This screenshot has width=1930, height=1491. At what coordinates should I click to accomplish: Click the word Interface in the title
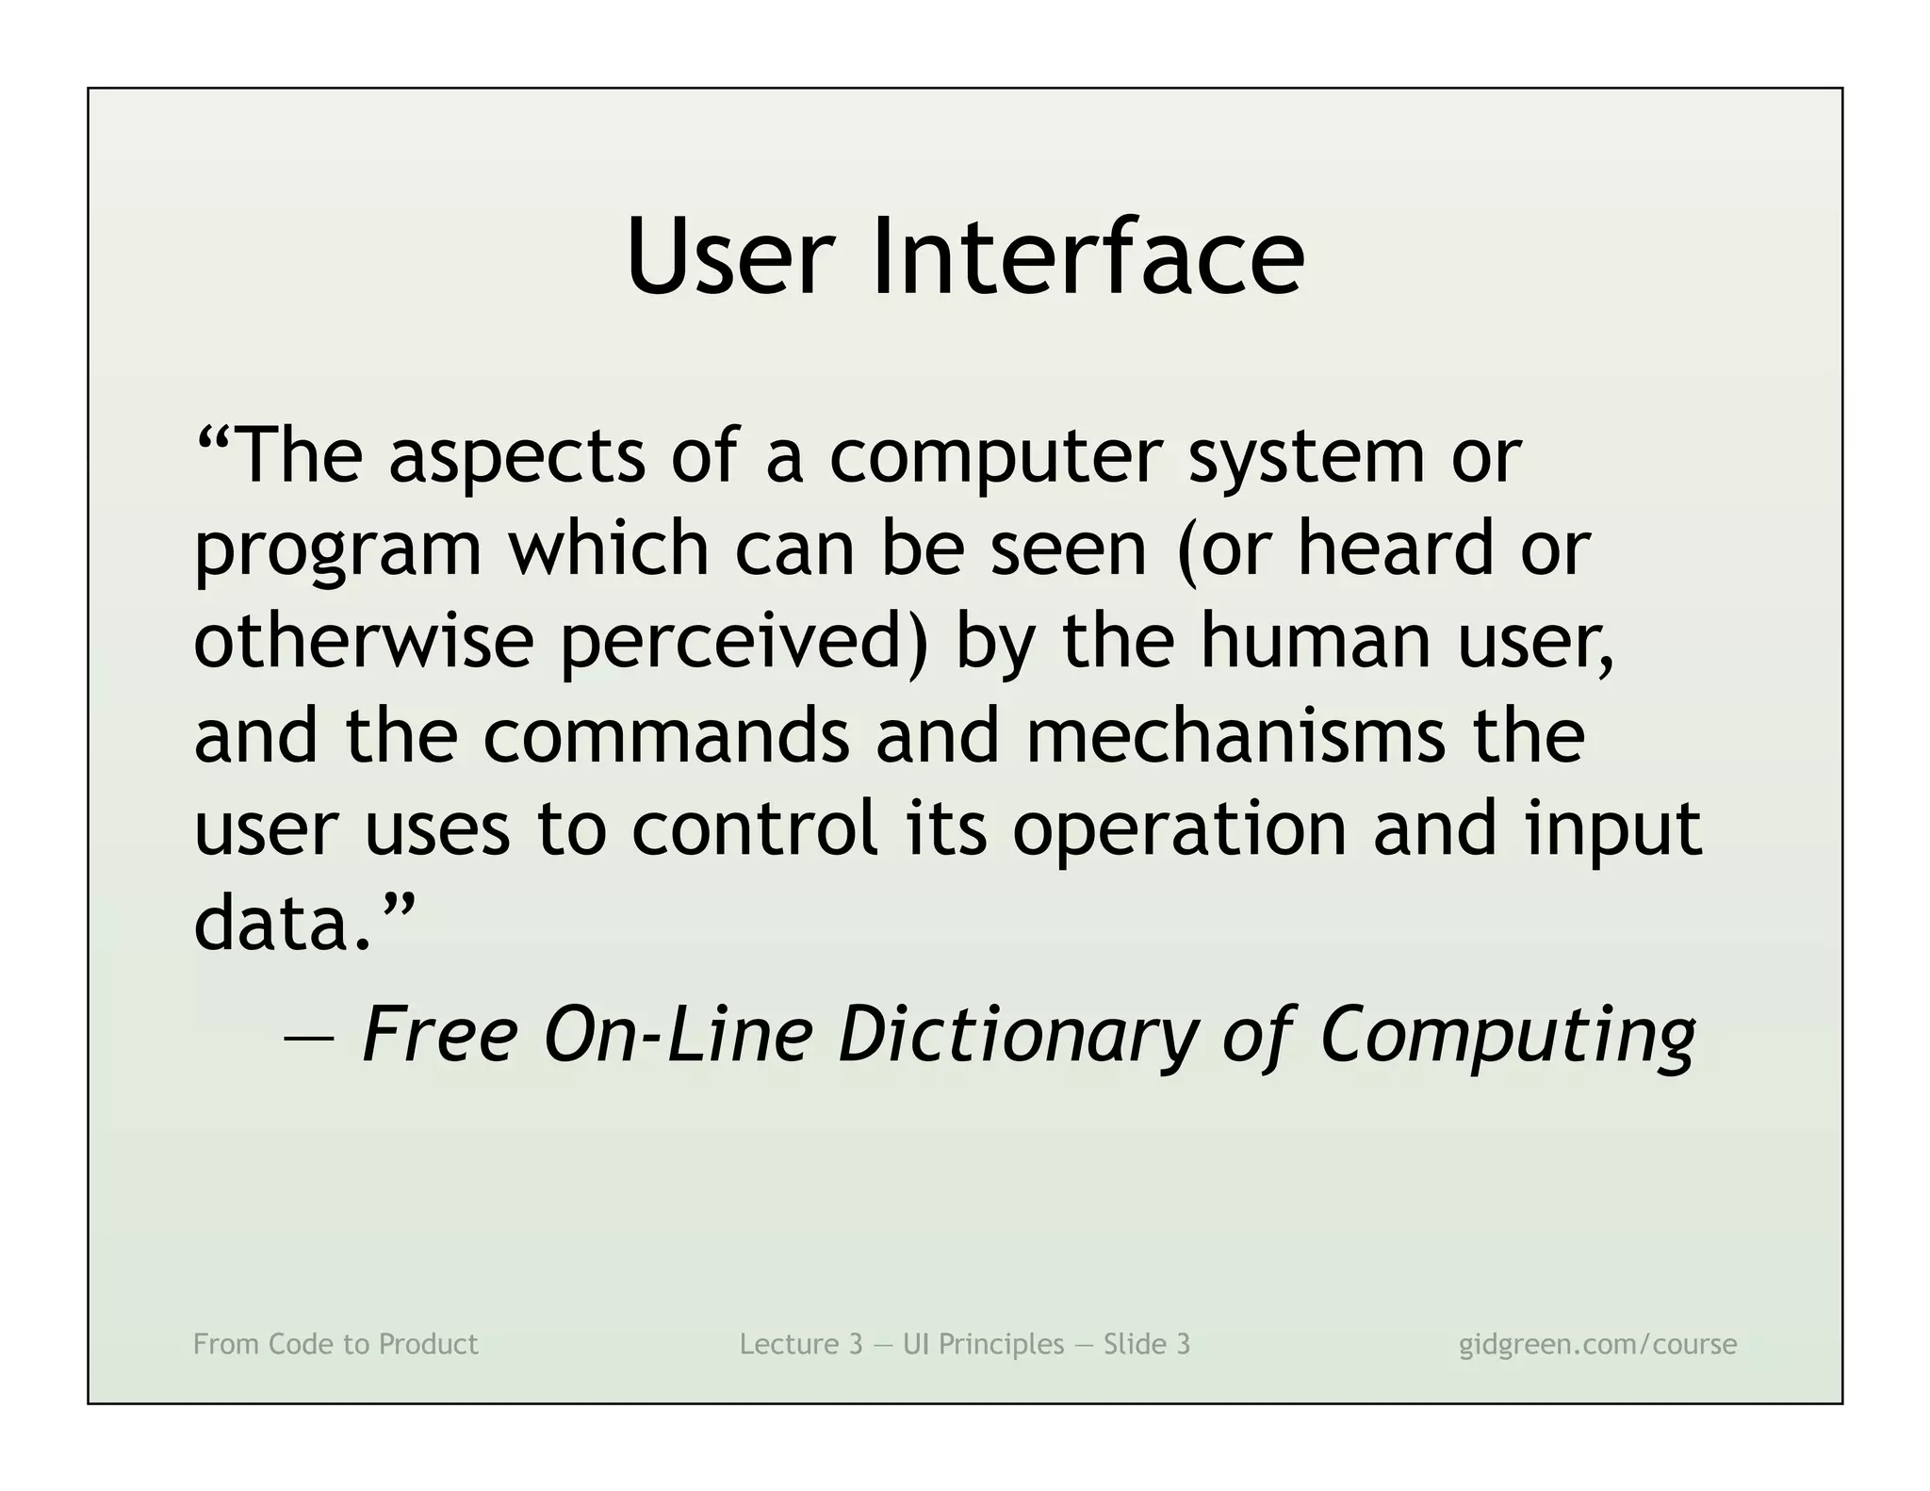pos(1088,256)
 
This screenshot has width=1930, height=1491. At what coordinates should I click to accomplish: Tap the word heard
pos(1396,549)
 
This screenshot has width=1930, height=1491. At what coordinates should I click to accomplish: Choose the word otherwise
pos(364,641)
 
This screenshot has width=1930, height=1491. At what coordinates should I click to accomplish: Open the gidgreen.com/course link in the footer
pos(1597,1344)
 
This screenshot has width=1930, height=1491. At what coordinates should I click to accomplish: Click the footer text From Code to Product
pos(335,1344)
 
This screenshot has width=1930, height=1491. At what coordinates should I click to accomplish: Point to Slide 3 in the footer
pos(1147,1344)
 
